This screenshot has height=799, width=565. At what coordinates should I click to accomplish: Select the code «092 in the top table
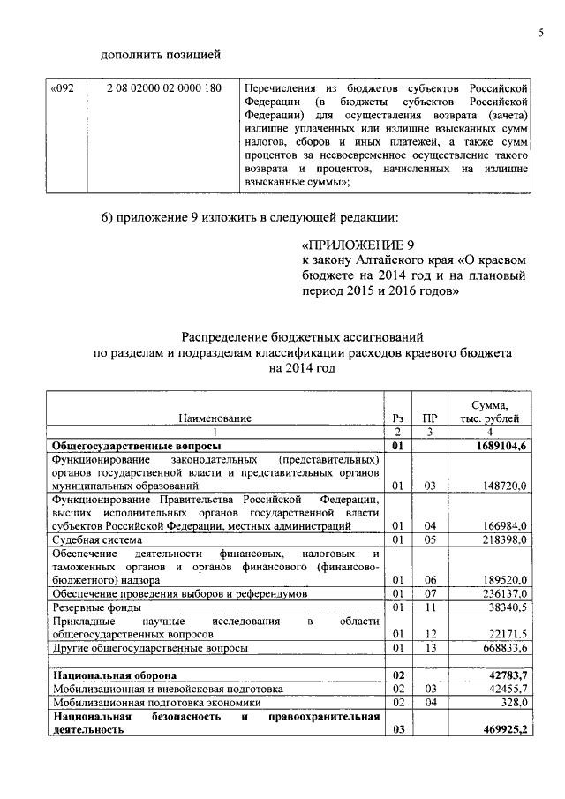[x=64, y=89]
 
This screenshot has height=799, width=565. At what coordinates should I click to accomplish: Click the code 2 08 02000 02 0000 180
[x=163, y=89]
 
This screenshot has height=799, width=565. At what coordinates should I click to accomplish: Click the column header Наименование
[x=215, y=418]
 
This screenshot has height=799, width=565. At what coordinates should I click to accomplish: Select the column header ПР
[x=430, y=418]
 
